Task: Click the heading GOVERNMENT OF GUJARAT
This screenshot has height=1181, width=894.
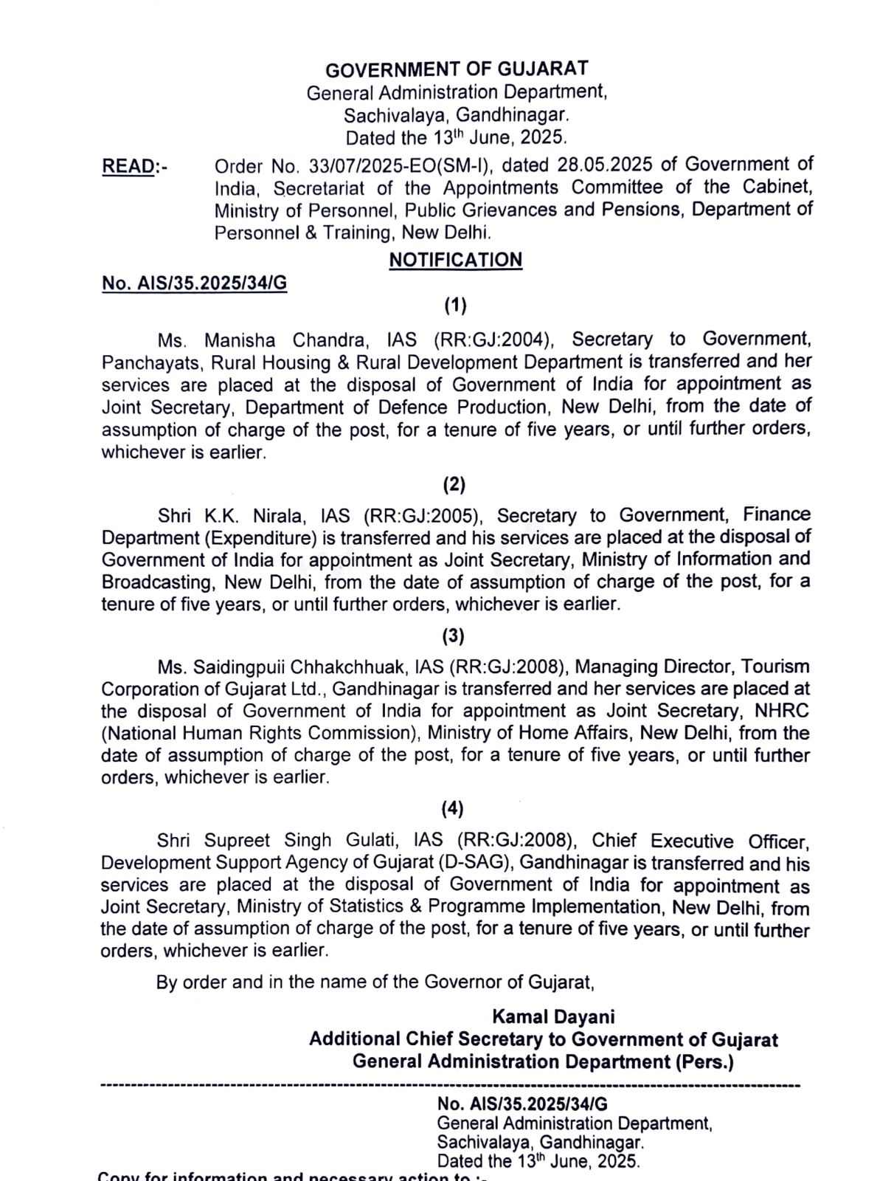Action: click(x=457, y=69)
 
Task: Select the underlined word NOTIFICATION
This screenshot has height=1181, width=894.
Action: click(x=456, y=260)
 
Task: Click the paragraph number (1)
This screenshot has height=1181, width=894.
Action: click(x=455, y=304)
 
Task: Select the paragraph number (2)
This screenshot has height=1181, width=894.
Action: click(x=454, y=484)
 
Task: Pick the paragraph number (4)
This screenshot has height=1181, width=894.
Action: click(x=453, y=809)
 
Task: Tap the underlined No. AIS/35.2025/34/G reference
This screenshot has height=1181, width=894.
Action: click(x=194, y=284)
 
